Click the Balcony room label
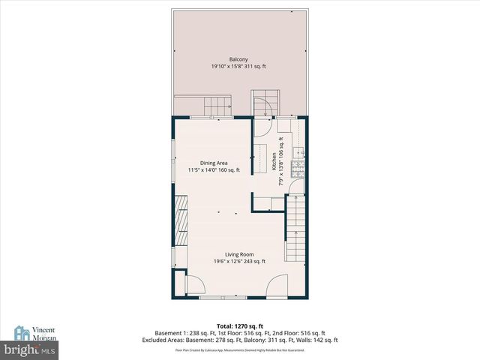pos(238,59)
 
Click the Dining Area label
pos(214,163)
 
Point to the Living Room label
pos(238,254)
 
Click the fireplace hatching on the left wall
pos(180,220)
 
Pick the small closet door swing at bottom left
pos(193,286)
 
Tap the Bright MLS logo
pos(29,349)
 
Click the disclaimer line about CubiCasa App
pos(239,349)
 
